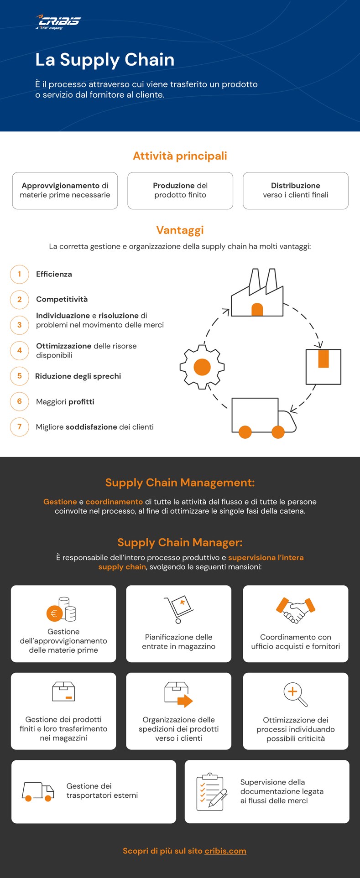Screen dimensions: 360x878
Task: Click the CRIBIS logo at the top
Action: (x=57, y=22)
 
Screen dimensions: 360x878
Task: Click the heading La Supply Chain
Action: (x=105, y=60)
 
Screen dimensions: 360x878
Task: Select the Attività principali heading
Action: (x=180, y=156)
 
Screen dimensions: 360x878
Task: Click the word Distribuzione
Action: (x=296, y=186)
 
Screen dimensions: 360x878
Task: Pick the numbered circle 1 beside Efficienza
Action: (x=20, y=274)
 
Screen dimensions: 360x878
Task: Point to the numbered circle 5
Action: (x=20, y=376)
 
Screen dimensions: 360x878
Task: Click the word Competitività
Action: (x=62, y=300)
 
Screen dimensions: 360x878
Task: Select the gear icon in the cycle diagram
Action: (x=202, y=367)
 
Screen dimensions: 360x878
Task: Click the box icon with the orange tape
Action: (x=323, y=367)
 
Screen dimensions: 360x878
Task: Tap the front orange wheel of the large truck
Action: (x=278, y=432)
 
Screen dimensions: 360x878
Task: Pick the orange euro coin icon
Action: (x=54, y=613)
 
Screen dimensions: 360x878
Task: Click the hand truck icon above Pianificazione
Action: (x=178, y=609)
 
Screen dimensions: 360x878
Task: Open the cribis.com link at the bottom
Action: (x=225, y=851)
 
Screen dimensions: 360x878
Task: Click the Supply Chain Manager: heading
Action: (x=180, y=542)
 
